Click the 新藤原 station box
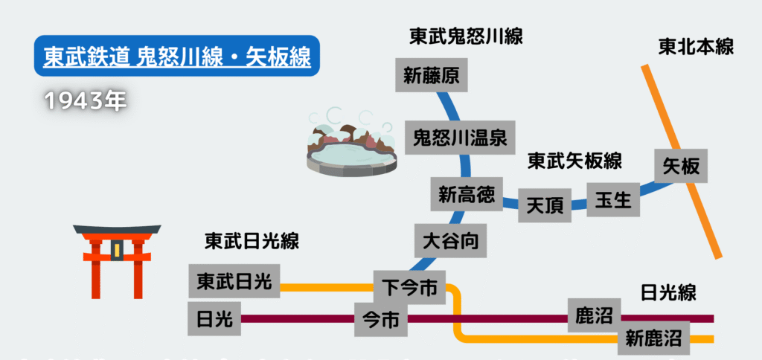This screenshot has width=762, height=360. [x=432, y=76]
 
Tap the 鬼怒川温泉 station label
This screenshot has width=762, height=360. [x=460, y=137]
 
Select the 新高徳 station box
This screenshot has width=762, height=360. [x=467, y=195]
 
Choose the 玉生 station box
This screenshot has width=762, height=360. [x=613, y=199]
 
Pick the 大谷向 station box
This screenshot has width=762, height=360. [x=450, y=241]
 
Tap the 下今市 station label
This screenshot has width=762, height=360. [x=409, y=286]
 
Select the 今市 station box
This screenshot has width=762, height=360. [x=381, y=320]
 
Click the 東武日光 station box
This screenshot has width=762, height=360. [x=234, y=281]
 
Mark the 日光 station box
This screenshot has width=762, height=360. [x=215, y=320]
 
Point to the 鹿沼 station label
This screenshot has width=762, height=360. [x=593, y=315]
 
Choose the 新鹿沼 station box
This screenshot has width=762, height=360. [x=653, y=339]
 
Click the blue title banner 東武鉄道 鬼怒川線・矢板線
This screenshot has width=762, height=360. [x=176, y=57]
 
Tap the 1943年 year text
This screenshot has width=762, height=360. [x=85, y=101]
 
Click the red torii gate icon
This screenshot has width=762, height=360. [x=117, y=261]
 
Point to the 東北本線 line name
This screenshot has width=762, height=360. [x=696, y=47]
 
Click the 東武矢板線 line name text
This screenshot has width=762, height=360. [x=574, y=160]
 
